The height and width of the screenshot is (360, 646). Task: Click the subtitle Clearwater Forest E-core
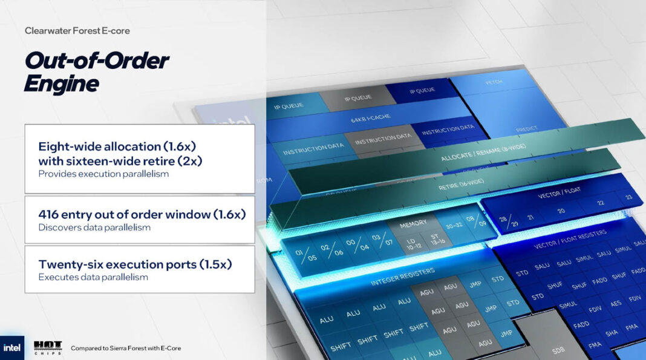pos(77,30)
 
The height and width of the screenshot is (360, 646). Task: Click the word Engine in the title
pos(61,83)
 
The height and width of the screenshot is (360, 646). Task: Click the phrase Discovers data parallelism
pos(94,227)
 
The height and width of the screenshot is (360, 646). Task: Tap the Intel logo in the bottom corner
pos(11,348)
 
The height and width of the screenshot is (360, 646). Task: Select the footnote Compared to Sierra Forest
pos(125,348)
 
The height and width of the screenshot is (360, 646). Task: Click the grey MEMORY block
pos(413,224)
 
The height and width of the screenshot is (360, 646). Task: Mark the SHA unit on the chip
pos(611,332)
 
